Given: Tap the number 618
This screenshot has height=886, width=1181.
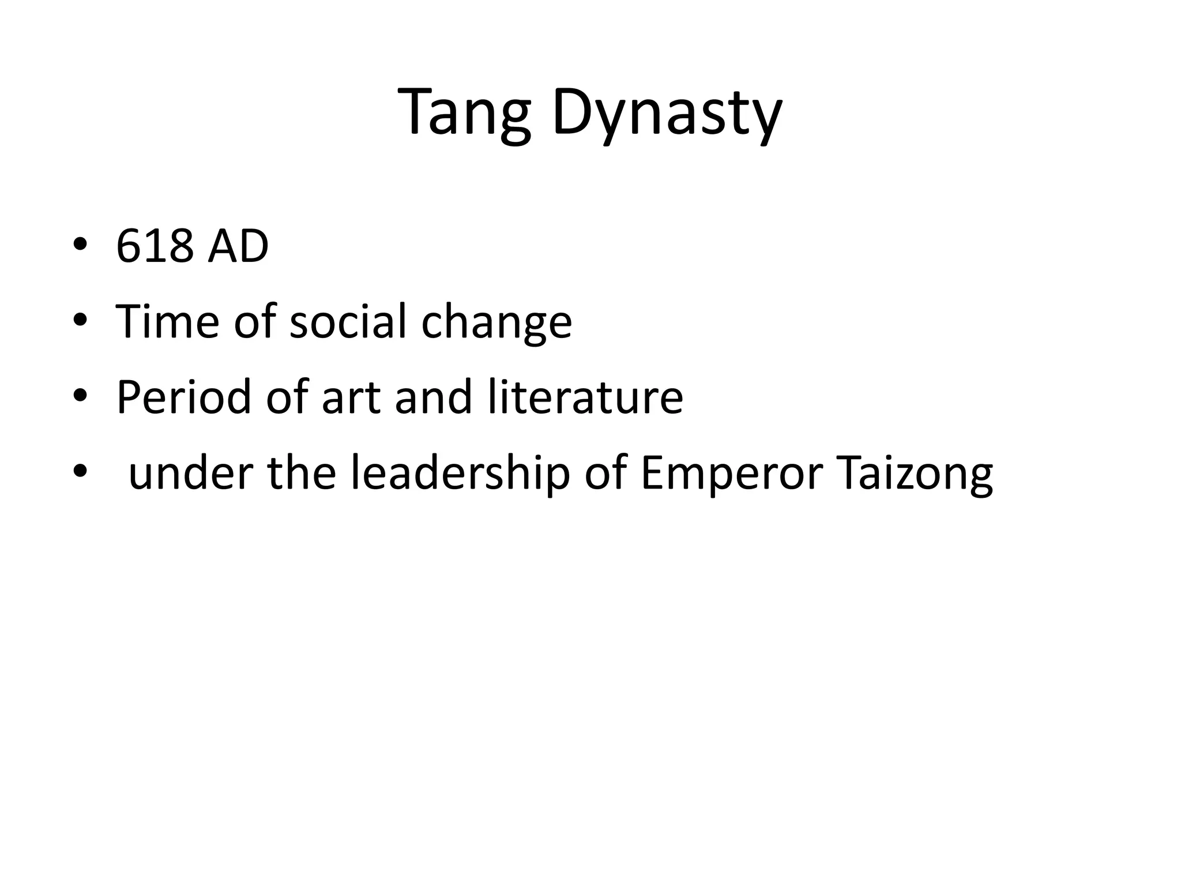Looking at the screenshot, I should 155,247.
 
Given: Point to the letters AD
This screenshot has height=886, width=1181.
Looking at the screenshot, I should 238,247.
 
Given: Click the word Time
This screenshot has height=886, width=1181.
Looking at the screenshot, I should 167,321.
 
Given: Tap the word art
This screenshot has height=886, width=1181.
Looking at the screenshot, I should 351,398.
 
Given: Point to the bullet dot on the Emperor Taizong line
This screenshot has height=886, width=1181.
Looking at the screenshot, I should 80,471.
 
